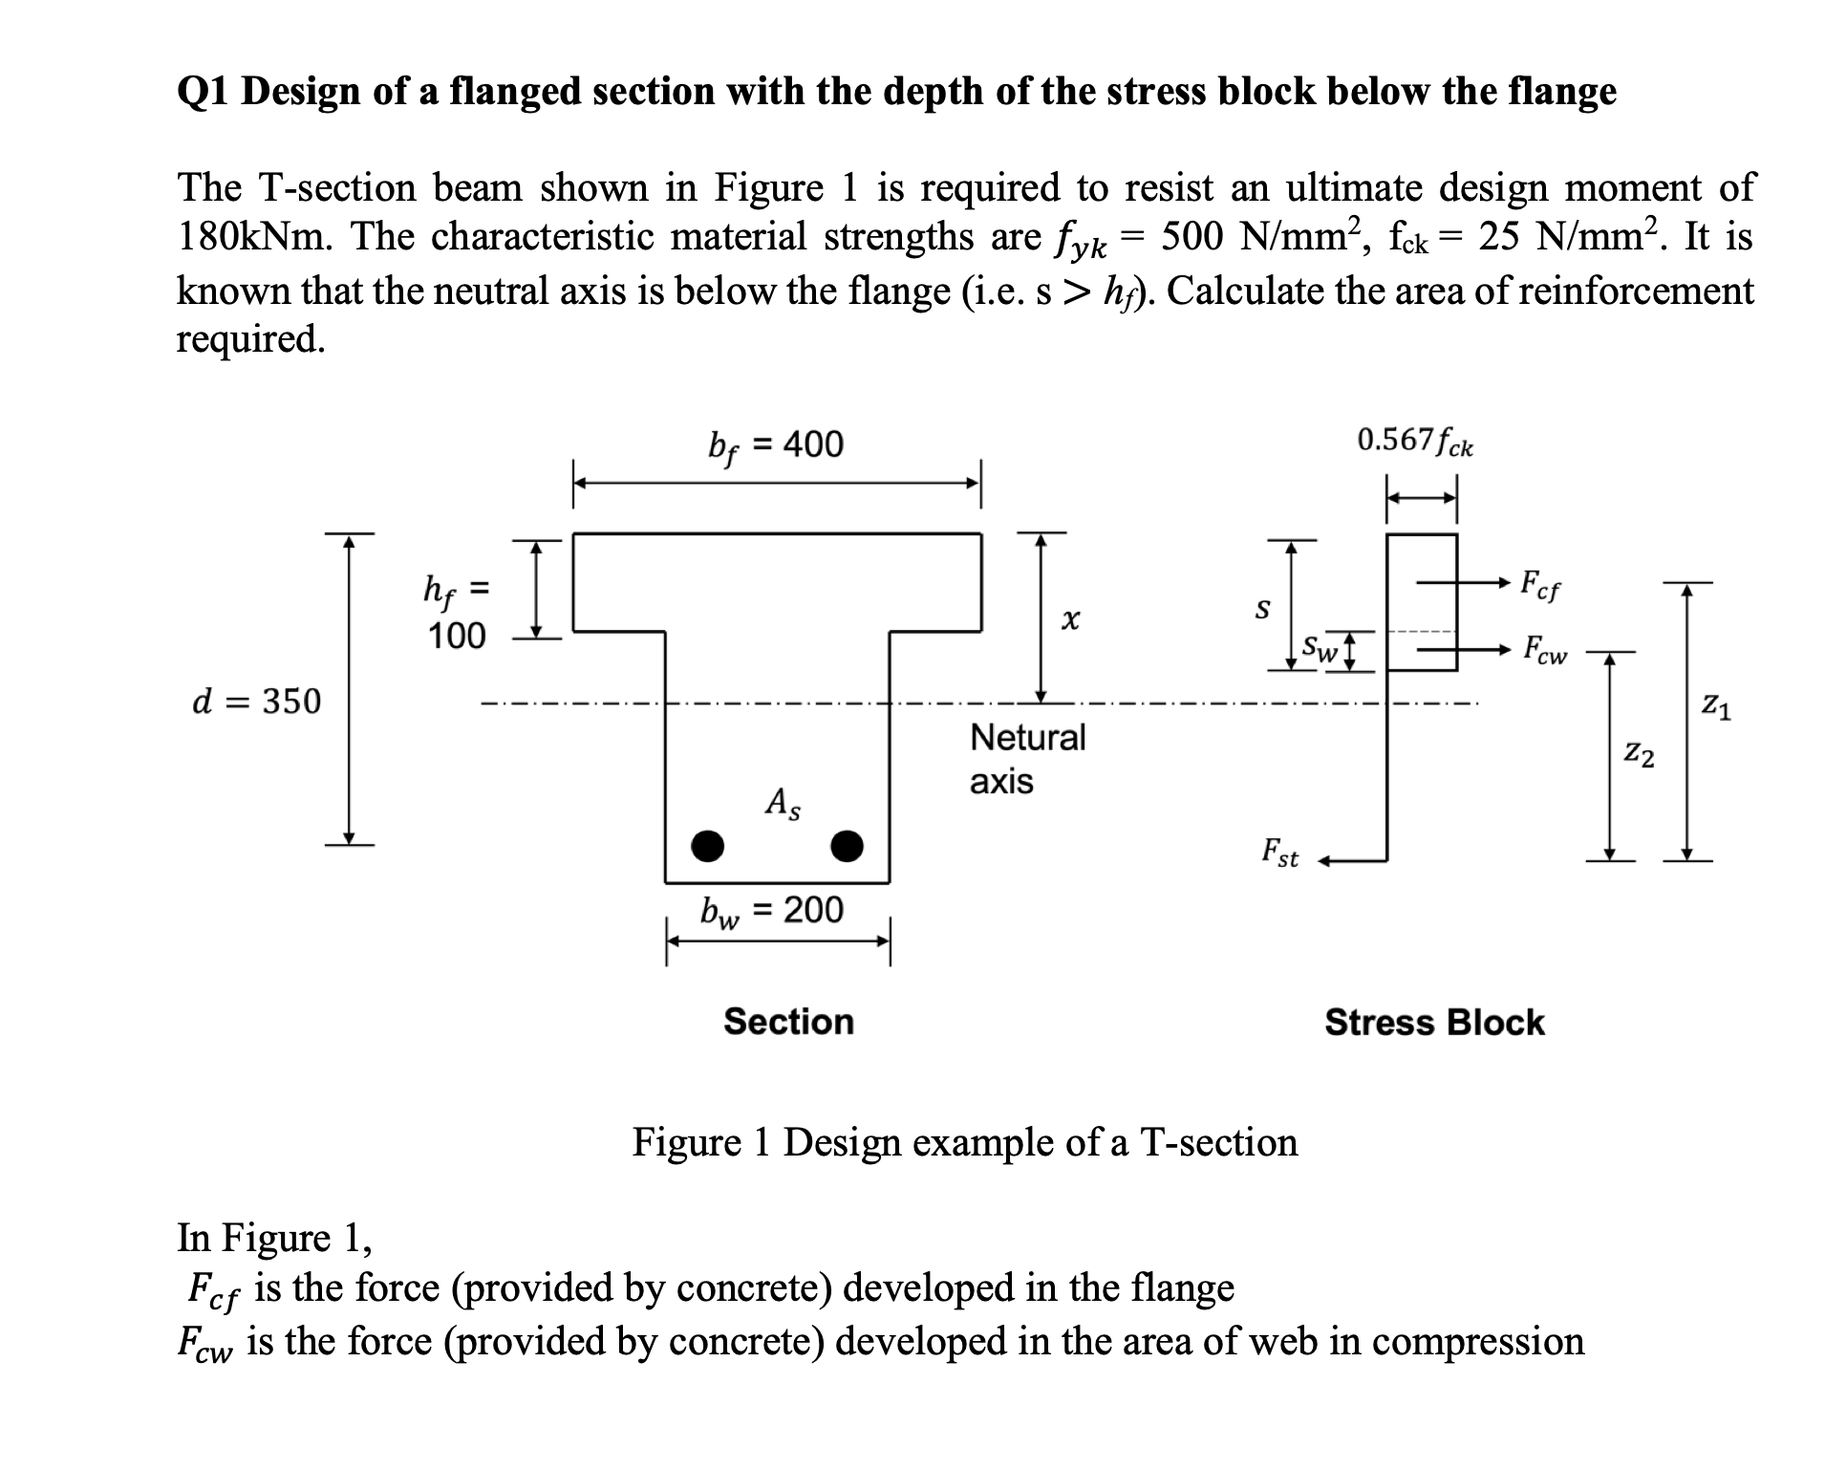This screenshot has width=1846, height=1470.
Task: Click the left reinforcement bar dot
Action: [707, 846]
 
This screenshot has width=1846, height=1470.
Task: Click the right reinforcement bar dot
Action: [848, 846]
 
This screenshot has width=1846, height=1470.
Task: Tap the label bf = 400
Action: [776, 445]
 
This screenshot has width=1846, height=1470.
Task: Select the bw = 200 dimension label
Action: [772, 911]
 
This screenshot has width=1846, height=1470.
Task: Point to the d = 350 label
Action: [257, 702]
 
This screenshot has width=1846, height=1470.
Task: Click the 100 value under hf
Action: [456, 637]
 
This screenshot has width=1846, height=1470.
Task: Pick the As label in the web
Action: [783, 803]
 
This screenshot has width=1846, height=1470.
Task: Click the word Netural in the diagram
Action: [1028, 738]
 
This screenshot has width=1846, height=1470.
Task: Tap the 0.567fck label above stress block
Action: [1415, 442]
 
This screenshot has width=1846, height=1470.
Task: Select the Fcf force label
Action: [1540, 585]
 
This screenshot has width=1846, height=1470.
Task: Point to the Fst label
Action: [1280, 852]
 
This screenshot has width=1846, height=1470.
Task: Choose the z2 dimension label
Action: [1640, 756]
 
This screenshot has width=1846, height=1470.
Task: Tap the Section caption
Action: [788, 1022]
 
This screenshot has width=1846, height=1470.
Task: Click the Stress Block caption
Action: [1434, 1023]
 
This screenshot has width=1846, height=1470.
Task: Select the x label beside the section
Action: [1069, 621]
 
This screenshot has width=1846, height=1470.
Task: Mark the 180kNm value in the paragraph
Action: [255, 236]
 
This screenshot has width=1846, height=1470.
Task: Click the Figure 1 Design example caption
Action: [965, 1142]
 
